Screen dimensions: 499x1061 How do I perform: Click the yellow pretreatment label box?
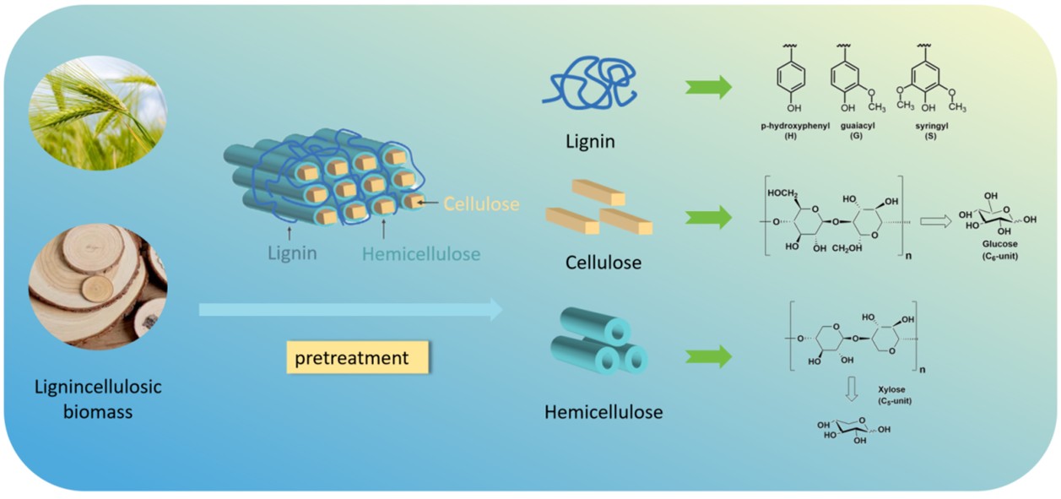[358, 358]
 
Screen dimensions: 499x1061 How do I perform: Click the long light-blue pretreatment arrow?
[350, 310]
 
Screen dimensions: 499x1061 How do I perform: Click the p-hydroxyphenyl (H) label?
[794, 131]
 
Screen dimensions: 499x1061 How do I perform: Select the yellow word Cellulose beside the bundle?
[481, 203]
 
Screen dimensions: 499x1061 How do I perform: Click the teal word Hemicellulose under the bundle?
[421, 252]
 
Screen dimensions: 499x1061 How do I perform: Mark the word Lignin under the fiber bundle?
[292, 252]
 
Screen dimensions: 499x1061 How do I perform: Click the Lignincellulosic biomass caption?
[98, 399]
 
